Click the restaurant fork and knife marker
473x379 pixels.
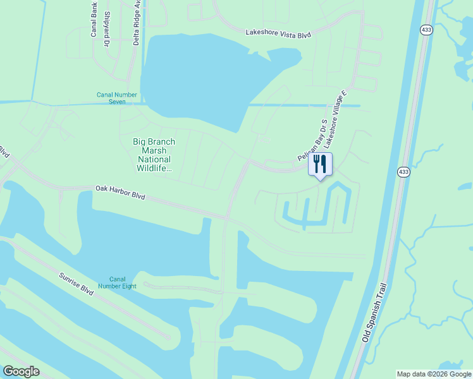[x=320, y=165]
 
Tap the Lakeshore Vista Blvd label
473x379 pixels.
[x=278, y=33]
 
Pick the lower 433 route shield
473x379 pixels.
[x=403, y=172]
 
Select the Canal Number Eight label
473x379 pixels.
[x=117, y=283]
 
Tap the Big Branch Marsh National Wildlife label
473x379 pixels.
[x=154, y=155]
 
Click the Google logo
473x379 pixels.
[x=21, y=371]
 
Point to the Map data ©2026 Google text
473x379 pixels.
[x=434, y=374]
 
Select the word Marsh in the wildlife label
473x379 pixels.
[x=154, y=150]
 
